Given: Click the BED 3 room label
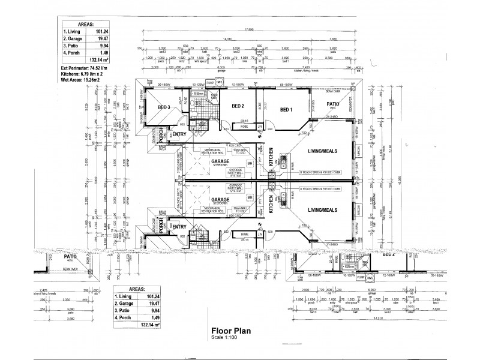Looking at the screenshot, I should click(164, 107).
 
